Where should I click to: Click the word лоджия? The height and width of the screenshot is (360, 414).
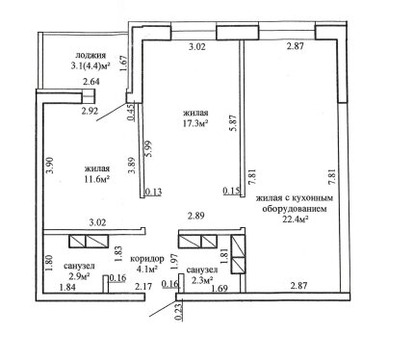tap(91, 56)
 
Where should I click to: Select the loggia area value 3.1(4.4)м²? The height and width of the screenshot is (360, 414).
tap(91, 66)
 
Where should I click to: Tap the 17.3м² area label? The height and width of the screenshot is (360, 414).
tap(195, 123)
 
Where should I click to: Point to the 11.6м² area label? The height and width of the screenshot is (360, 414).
tap(96, 179)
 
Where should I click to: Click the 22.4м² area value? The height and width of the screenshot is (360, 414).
tap(295, 219)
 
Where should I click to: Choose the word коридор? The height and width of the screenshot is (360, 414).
tap(147, 259)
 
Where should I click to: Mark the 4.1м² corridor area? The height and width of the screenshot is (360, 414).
tap(147, 269)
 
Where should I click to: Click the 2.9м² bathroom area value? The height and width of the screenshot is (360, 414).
tap(79, 276)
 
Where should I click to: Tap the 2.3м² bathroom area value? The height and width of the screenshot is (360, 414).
tap(202, 280)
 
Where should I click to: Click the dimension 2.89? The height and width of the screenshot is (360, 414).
tap(196, 216)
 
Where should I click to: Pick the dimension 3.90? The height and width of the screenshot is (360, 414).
tap(50, 166)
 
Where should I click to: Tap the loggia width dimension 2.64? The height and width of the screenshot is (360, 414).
tap(91, 82)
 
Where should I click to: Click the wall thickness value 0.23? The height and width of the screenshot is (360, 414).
tap(179, 312)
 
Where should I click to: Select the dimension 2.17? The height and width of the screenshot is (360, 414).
tap(143, 287)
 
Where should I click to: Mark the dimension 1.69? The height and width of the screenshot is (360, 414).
tap(219, 289)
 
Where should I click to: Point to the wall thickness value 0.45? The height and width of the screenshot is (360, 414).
tap(131, 113)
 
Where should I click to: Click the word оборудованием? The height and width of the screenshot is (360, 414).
tap(295, 209)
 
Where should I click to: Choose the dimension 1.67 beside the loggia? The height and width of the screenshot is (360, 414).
tap(124, 64)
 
